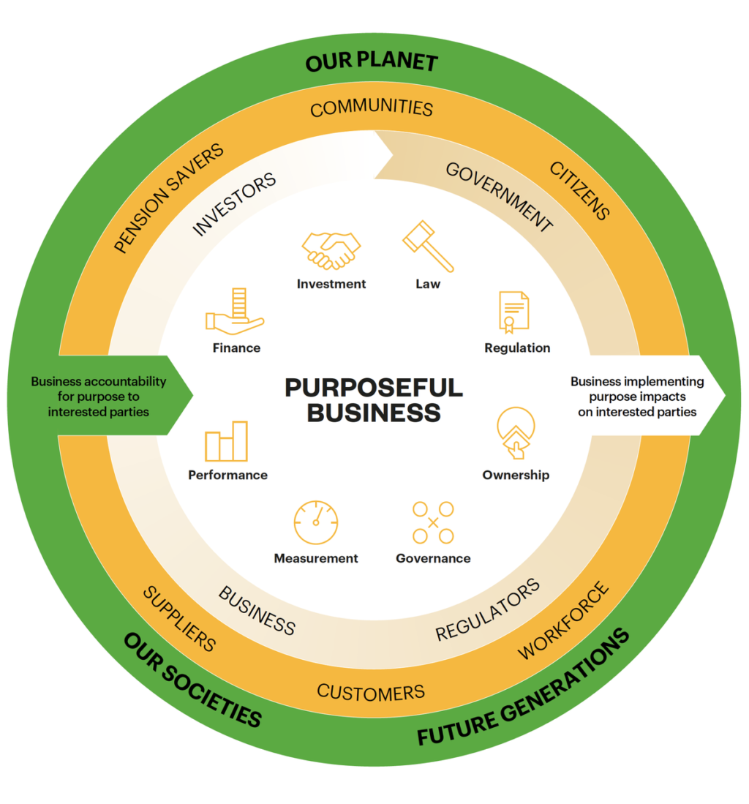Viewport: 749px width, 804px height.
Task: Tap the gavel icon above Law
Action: (428, 246)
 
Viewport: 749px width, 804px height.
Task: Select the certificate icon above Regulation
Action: (514, 312)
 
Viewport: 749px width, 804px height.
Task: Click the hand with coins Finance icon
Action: (234, 312)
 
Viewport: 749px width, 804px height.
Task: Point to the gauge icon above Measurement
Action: (316, 522)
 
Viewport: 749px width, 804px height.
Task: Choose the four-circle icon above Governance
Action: (433, 522)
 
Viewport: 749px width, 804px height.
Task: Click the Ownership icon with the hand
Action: (516, 433)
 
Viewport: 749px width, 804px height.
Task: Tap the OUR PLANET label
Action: (372, 62)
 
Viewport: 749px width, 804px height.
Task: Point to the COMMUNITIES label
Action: (372, 109)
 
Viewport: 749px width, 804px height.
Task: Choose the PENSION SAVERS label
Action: (169, 200)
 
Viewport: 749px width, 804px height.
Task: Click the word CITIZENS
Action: (579, 190)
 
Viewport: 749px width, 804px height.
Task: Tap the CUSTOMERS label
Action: (371, 692)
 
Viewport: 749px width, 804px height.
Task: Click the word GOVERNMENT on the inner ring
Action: (499, 197)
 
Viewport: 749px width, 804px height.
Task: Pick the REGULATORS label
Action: (488, 609)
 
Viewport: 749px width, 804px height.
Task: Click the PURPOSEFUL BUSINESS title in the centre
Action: (374, 399)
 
